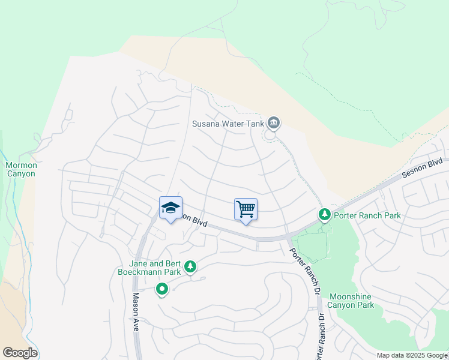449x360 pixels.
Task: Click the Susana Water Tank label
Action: point(228,124)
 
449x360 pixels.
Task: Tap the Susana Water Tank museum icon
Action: point(274,123)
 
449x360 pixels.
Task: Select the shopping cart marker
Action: point(246,209)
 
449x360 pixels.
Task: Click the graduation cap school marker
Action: point(170,208)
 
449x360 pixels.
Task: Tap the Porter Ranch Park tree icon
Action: point(324,214)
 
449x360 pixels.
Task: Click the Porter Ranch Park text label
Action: point(367,215)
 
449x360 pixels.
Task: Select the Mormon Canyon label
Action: point(21,169)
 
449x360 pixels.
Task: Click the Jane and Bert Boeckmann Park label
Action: point(147,267)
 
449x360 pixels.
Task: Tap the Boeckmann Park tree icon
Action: point(190,266)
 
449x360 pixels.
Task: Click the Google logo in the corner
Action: point(20,353)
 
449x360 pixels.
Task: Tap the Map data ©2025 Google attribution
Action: point(412,355)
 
